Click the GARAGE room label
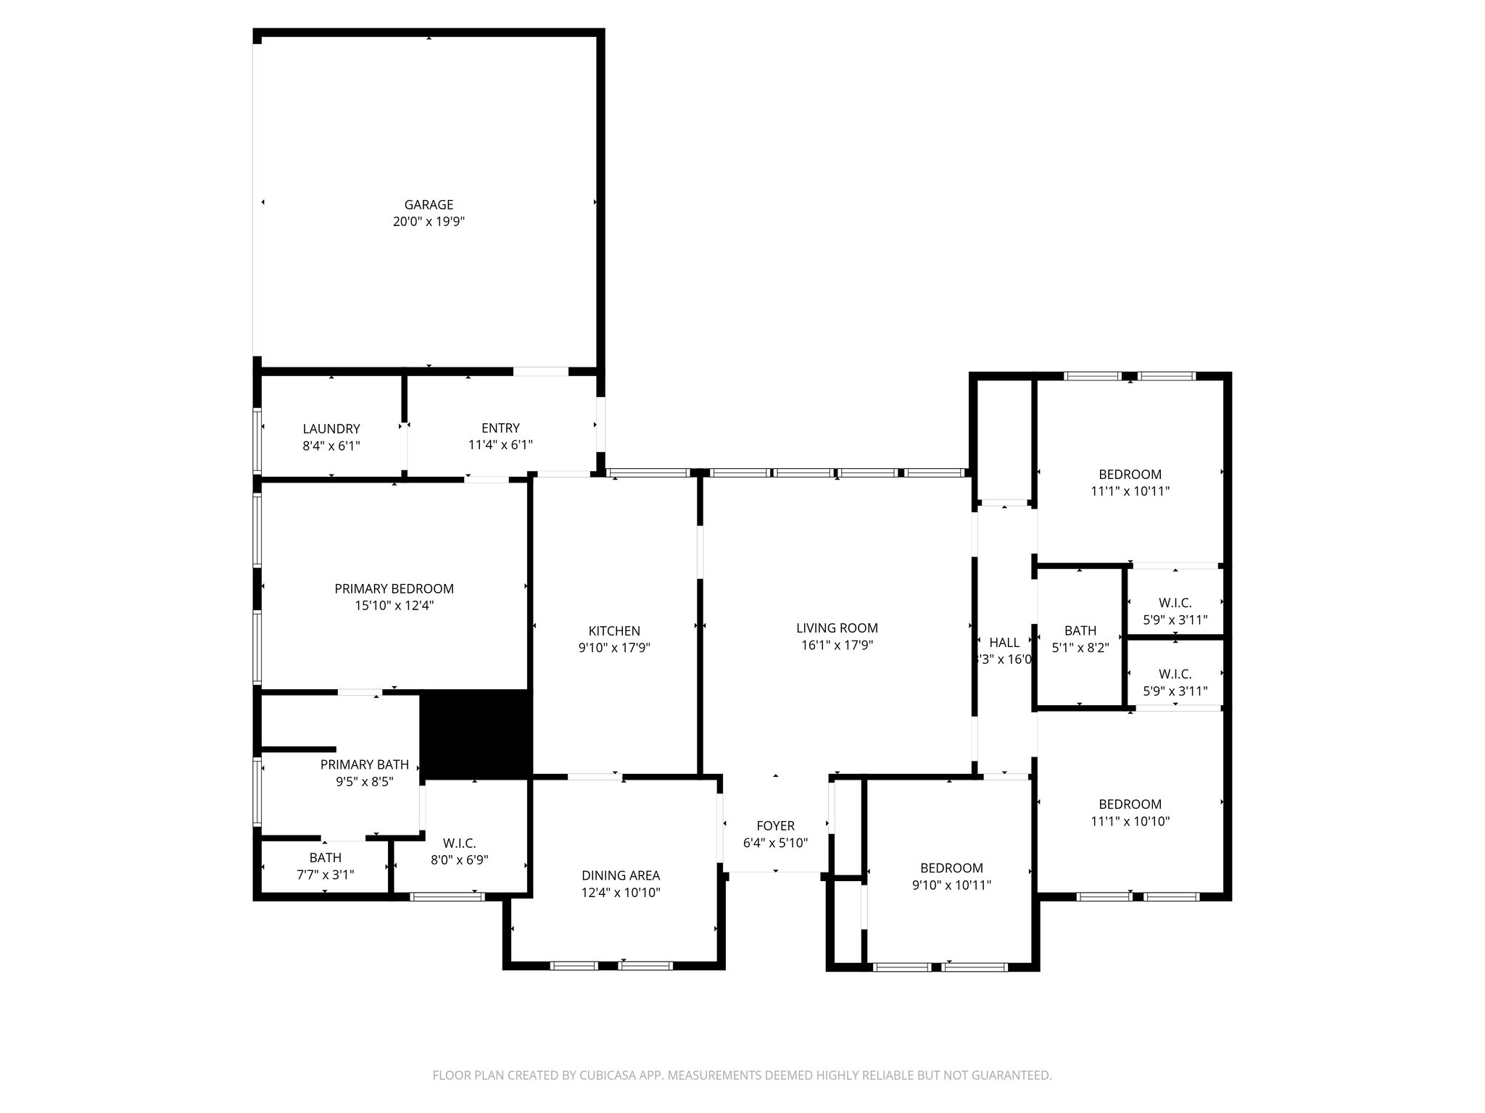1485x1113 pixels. pyautogui.click(x=429, y=205)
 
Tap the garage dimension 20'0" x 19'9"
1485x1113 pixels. pyautogui.click(x=429, y=222)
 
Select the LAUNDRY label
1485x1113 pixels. pyautogui.click(x=331, y=429)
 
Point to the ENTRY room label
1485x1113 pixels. pyautogui.click(x=500, y=428)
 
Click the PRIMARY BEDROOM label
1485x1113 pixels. pyautogui.click(x=394, y=589)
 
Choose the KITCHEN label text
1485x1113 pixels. pyautogui.click(x=614, y=631)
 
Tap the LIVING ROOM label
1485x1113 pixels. pyautogui.click(x=837, y=628)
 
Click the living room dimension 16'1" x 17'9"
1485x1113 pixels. pyautogui.click(x=837, y=646)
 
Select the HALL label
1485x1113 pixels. pyautogui.click(x=1004, y=643)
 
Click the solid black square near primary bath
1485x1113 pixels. pyautogui.click(x=476, y=734)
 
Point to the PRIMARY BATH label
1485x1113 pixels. pyautogui.click(x=364, y=764)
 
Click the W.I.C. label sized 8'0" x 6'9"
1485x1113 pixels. pyautogui.click(x=459, y=843)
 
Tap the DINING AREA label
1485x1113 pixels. pyautogui.click(x=621, y=876)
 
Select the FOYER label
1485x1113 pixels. pyautogui.click(x=775, y=826)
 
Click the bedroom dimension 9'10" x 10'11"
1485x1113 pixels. pyautogui.click(x=951, y=885)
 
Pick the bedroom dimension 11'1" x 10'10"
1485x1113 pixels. pyautogui.click(x=1130, y=822)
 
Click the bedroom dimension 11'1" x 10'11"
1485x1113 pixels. pyautogui.click(x=1130, y=491)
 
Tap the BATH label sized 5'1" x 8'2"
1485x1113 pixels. pyautogui.click(x=1080, y=631)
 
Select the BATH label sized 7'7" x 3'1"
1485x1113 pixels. pyautogui.click(x=325, y=858)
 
